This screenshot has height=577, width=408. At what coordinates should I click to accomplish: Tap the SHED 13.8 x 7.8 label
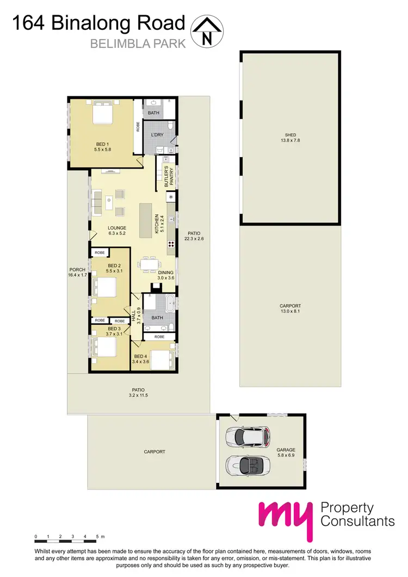point(291,138)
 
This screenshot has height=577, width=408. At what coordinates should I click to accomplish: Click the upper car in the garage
point(248,437)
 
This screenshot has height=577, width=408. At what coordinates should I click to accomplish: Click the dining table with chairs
point(149,264)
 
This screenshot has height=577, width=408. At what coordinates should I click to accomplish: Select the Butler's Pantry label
point(167,176)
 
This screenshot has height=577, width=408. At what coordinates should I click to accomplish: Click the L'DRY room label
point(150,135)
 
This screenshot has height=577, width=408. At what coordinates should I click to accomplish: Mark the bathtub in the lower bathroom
point(169,302)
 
